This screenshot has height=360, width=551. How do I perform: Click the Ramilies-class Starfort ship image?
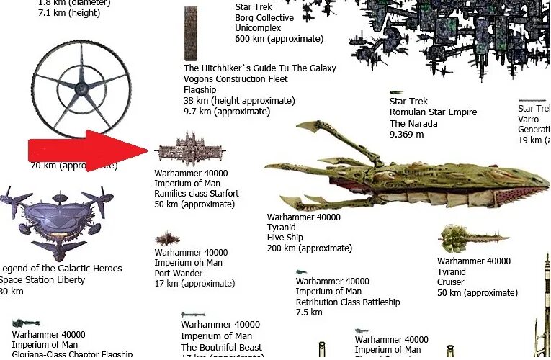click(x=191, y=149)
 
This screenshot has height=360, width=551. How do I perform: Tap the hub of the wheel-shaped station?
click(x=81, y=89)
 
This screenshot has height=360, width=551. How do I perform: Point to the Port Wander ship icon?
click(x=167, y=238)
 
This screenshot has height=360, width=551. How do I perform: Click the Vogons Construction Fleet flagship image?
click(x=191, y=34)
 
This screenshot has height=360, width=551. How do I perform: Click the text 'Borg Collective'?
click(x=264, y=18)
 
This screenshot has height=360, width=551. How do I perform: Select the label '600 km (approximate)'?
click(x=279, y=39)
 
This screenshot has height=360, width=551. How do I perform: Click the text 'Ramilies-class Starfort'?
click(x=196, y=194)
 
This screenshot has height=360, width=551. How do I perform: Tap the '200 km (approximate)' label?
click(x=310, y=248)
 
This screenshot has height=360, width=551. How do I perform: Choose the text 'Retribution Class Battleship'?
click(x=347, y=302)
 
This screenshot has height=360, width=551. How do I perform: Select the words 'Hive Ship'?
click(x=285, y=238)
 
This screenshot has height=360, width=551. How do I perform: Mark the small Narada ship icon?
click(x=396, y=93)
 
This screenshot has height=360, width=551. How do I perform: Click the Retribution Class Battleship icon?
click(x=302, y=272)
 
